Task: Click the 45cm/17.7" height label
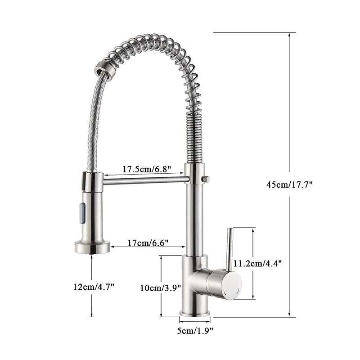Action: [289, 184]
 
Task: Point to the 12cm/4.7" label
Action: [94, 287]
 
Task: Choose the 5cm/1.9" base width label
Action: [195, 331]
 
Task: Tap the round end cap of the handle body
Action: [232, 285]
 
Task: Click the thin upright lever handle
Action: [229, 250]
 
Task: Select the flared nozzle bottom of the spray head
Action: [92, 247]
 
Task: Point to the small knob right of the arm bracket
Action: [207, 179]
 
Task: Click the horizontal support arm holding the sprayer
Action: [144, 180]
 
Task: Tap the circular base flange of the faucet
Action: [195, 313]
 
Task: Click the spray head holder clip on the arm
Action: [93, 181]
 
